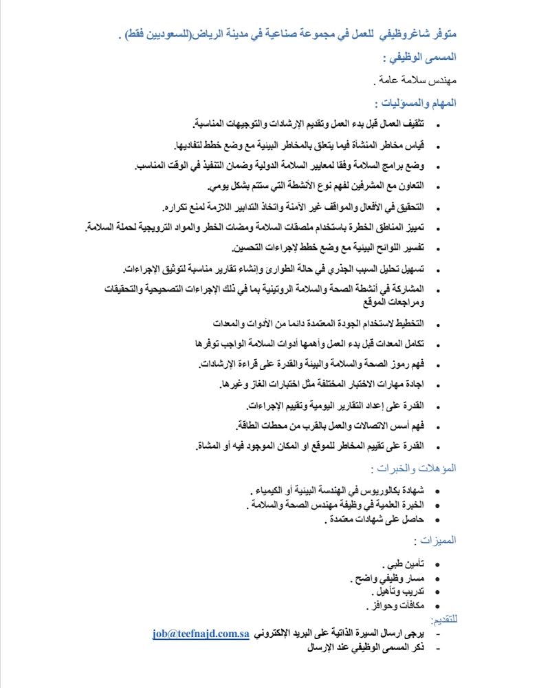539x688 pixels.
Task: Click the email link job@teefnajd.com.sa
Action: tap(200, 634)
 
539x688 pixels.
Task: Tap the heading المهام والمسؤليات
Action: tap(417, 104)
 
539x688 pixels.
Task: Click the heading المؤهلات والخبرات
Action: tap(414, 468)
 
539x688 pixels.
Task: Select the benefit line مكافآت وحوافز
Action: tap(395, 605)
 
